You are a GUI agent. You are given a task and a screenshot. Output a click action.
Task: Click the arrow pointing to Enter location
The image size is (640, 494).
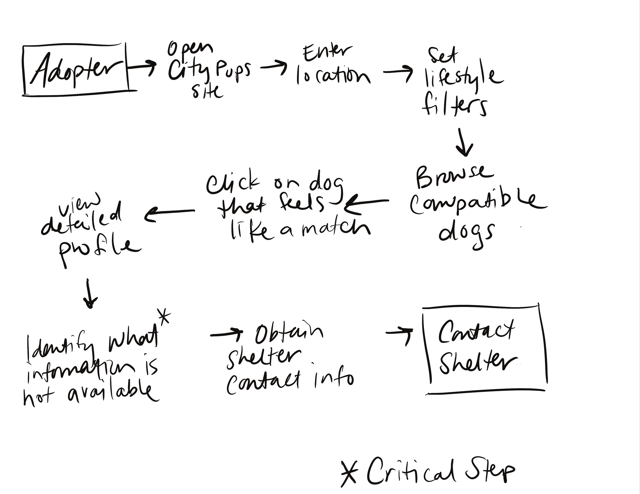274,67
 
